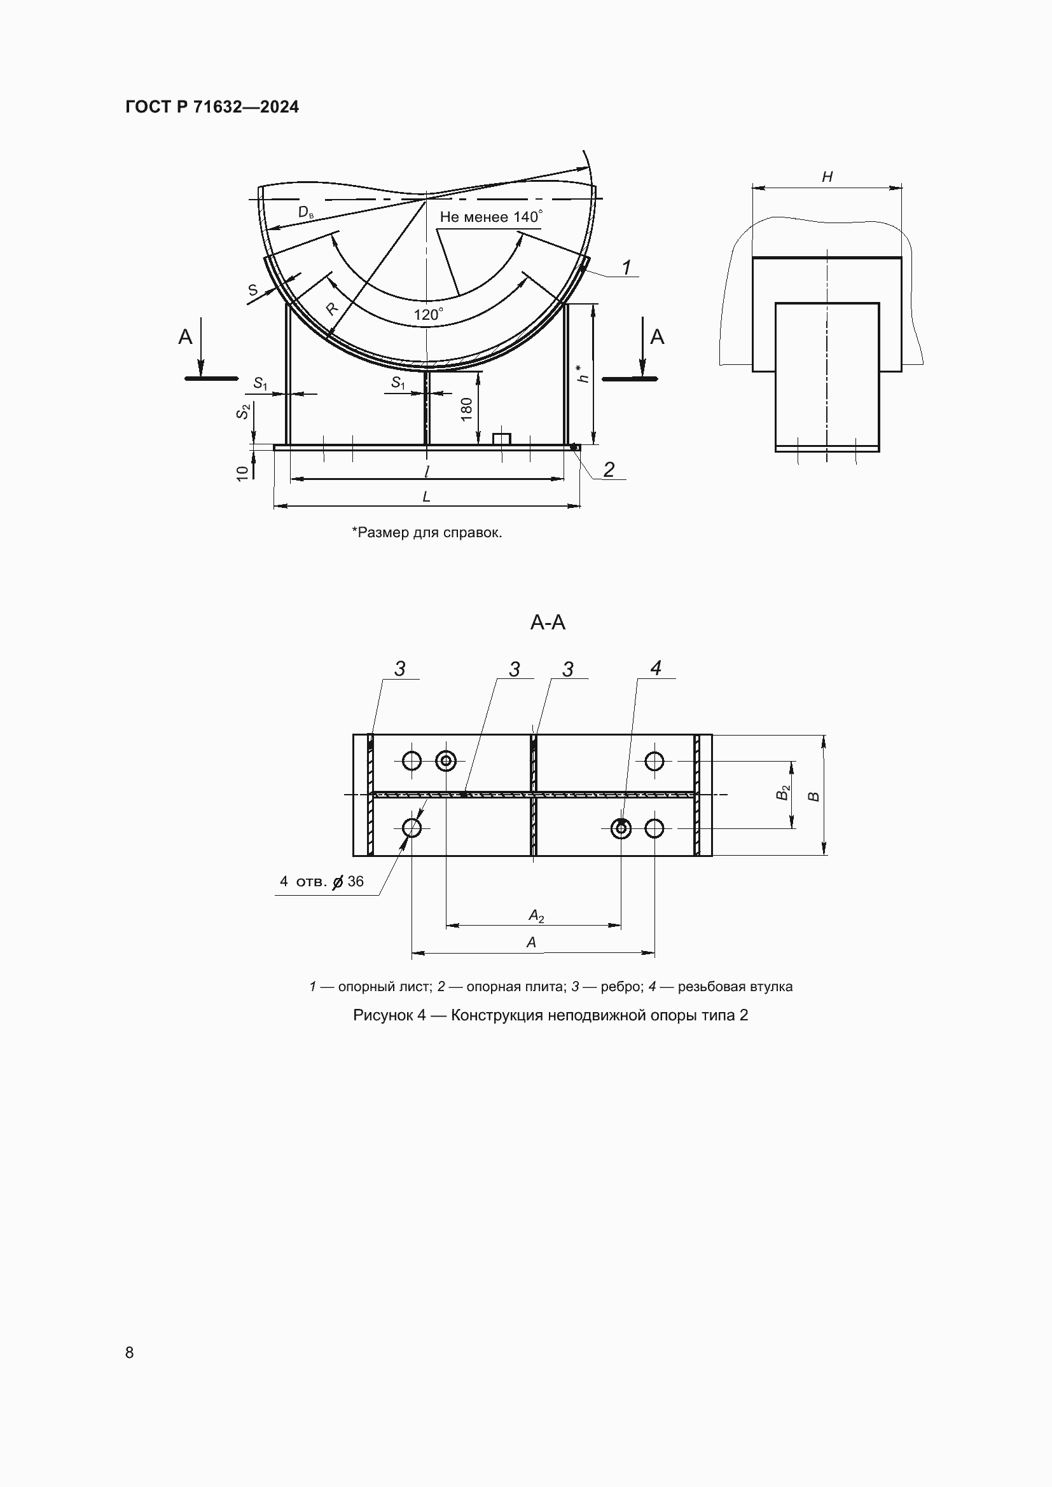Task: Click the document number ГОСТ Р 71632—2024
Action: [x=212, y=107]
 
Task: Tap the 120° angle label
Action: [x=427, y=315]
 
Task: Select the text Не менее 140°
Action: [x=490, y=217]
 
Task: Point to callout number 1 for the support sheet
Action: [x=626, y=267]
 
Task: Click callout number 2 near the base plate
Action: [x=608, y=470]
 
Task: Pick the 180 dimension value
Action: [x=466, y=409]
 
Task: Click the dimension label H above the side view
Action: [x=827, y=177]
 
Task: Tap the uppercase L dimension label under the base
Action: [x=426, y=497]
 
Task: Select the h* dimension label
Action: [x=583, y=374]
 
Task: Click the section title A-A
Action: [x=548, y=622]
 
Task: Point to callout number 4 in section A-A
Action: [x=656, y=668]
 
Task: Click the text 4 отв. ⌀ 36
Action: [x=321, y=881]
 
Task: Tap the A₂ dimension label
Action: [x=536, y=915]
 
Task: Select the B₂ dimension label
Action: [x=783, y=792]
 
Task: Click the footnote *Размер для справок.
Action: [x=427, y=532]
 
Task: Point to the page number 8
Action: [x=130, y=1352]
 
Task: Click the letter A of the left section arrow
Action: [x=185, y=337]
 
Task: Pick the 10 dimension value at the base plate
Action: [x=242, y=473]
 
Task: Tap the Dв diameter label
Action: [x=305, y=212]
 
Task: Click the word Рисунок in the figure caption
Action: [x=384, y=1015]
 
